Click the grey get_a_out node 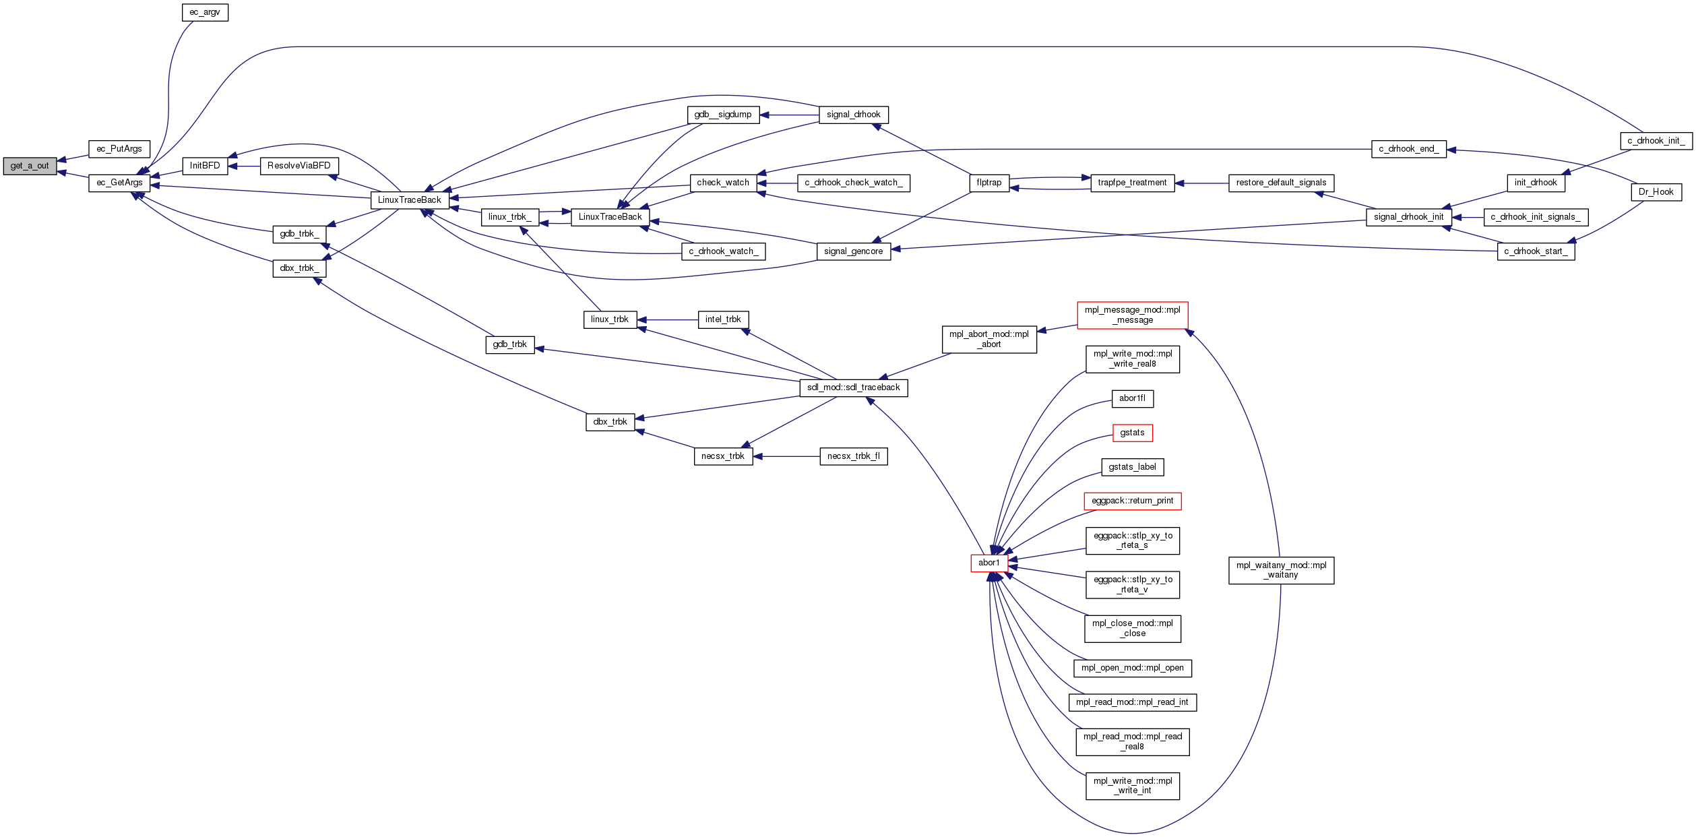(x=30, y=166)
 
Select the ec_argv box (x=205, y=12)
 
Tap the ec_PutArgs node (x=119, y=149)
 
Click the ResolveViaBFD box (x=299, y=166)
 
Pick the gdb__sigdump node (x=723, y=115)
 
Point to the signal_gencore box (x=853, y=251)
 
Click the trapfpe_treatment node (x=1132, y=183)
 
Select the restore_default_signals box (x=1281, y=183)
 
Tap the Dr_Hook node (x=1656, y=192)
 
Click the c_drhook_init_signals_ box (x=1536, y=217)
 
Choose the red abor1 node (x=989, y=563)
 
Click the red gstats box (x=1132, y=433)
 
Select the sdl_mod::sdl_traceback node (x=853, y=387)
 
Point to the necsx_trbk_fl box (x=853, y=456)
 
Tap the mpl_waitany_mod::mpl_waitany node (x=1281, y=570)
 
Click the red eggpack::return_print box (x=1132, y=501)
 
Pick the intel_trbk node (x=723, y=319)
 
